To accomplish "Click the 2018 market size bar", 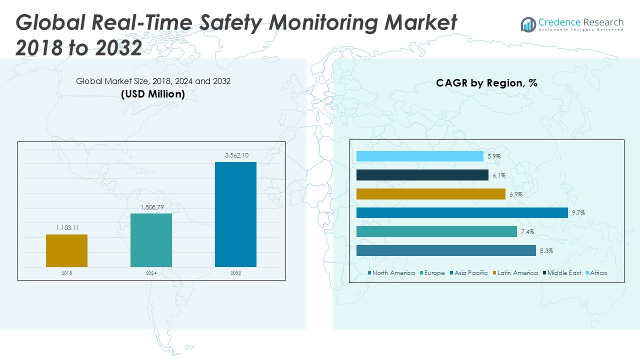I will click(66, 250).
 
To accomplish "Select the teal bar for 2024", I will click(151, 240).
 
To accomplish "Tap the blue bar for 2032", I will click(235, 214).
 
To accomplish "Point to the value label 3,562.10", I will click(235, 155).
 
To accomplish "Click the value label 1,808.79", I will click(151, 207).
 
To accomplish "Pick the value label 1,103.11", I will click(66, 228).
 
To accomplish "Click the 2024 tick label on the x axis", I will click(151, 273).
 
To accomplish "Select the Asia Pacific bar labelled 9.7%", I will click(462, 212).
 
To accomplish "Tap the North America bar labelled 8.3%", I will click(446, 250).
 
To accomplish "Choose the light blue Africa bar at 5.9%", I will click(420, 156).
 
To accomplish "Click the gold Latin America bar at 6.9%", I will click(431, 194).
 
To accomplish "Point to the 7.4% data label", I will click(527, 232).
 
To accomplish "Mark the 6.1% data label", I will click(498, 175).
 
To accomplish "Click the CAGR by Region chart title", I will click(486, 83).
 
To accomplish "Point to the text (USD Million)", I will click(153, 94).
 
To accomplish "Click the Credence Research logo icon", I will click(528, 24).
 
